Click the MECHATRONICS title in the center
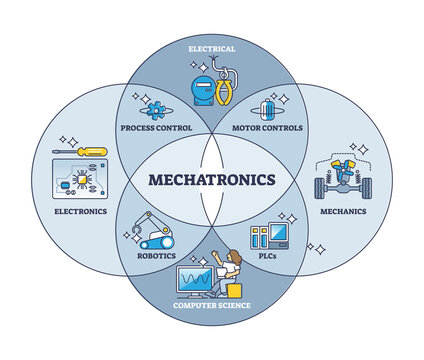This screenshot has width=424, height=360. pos(211,181)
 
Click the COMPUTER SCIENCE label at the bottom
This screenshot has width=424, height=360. pos(211,304)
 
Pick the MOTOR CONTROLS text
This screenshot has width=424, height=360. pos(267,129)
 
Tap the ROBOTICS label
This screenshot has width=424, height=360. pos(157,256)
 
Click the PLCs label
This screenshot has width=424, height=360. pos(266,256)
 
